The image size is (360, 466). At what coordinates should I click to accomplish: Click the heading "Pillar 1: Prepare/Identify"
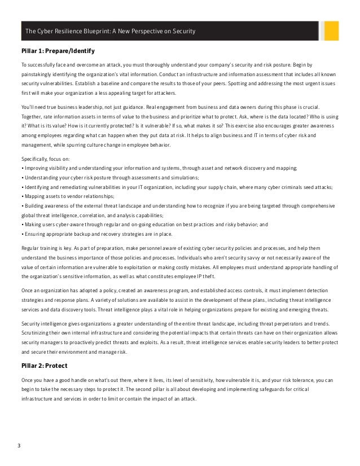tap(58, 51)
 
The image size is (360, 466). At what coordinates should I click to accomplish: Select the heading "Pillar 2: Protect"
tap(45, 366)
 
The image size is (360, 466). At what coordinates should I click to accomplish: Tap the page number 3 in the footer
tap(19, 447)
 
